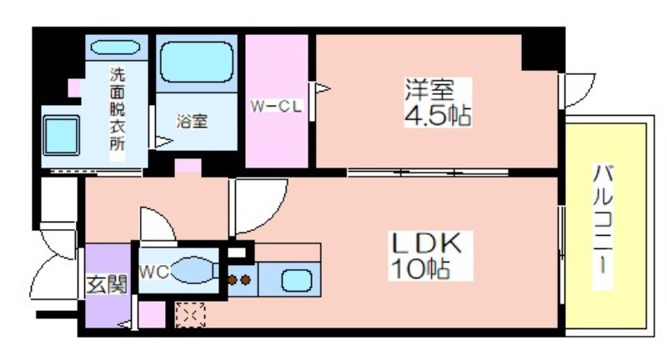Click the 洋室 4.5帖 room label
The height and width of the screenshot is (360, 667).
pyautogui.click(x=438, y=102)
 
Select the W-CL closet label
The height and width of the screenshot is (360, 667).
pyautogui.click(x=277, y=106)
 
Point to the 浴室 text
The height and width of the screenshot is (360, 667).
pyautogui.click(x=192, y=122)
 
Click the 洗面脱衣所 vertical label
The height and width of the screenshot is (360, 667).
pyautogui.click(x=118, y=109)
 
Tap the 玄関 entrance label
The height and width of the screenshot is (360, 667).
pyautogui.click(x=107, y=284)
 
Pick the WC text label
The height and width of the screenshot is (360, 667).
pyautogui.click(x=154, y=272)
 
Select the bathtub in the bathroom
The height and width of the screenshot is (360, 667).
pyautogui.click(x=197, y=62)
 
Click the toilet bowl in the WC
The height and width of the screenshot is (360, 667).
pyautogui.click(x=193, y=270)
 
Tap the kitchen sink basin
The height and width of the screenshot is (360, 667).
pyautogui.click(x=296, y=281)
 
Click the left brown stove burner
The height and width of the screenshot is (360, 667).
pyautogui.click(x=232, y=280)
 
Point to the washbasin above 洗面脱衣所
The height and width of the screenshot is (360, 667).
pyautogui.click(x=115, y=47)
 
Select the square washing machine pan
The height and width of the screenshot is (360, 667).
pyautogui.click(x=61, y=135)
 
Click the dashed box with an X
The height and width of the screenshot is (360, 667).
pyautogui.click(x=191, y=315)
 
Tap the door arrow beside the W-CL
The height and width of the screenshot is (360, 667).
pyautogui.click(x=322, y=88)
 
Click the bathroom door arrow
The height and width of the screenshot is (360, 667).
pyautogui.click(x=163, y=142)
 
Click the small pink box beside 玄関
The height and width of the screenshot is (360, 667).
pyautogui.click(x=152, y=314)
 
